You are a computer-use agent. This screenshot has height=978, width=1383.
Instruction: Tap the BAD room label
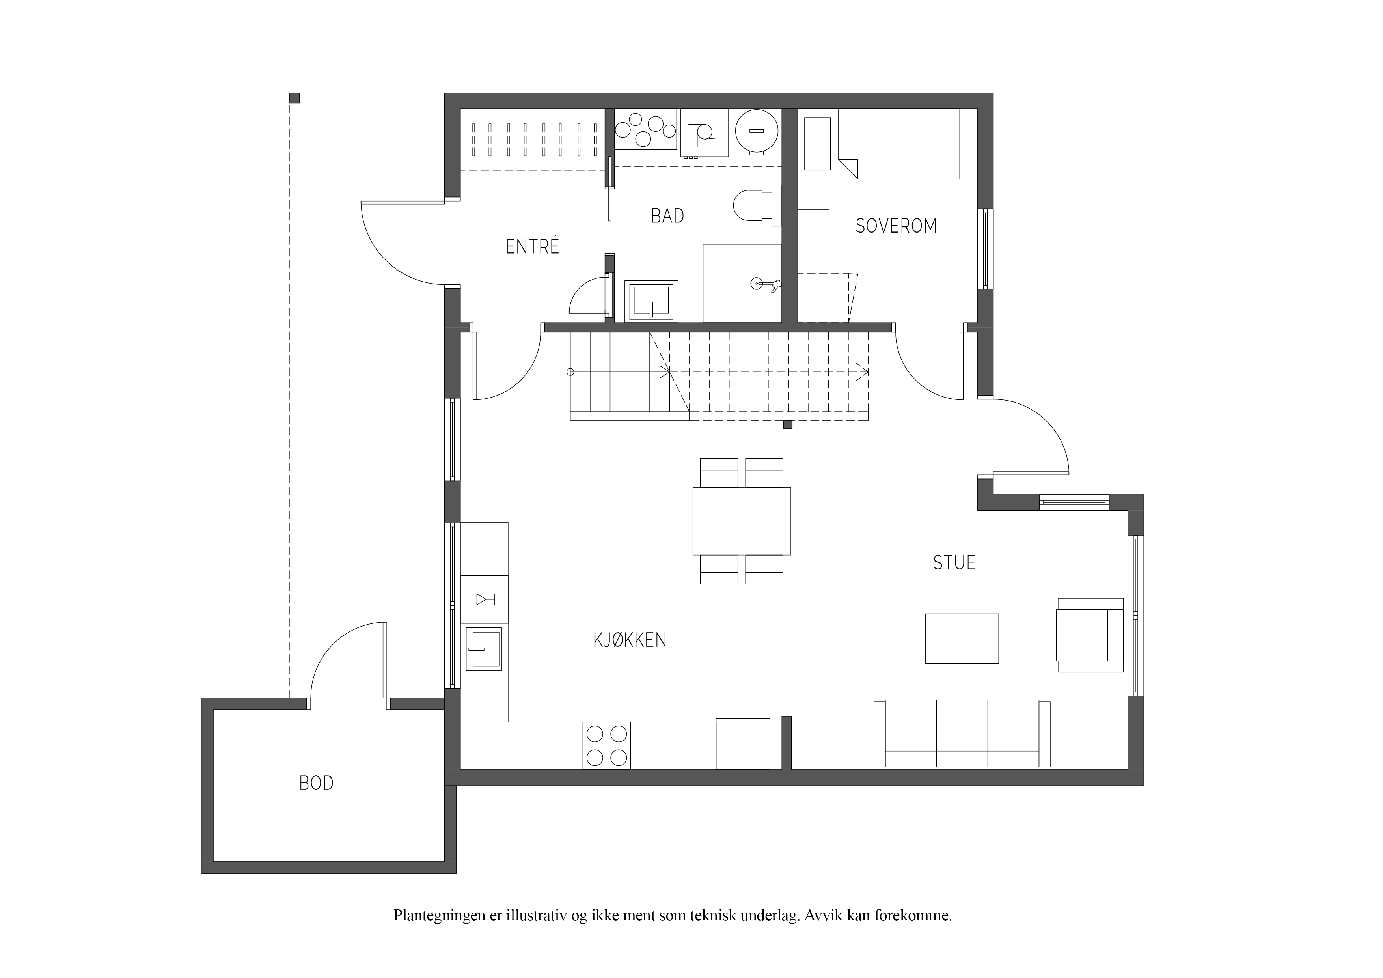(x=667, y=216)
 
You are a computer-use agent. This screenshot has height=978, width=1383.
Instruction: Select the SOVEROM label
(x=896, y=226)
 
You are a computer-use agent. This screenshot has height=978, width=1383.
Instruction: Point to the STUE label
(x=954, y=563)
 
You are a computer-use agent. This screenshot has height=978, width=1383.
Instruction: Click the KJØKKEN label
(x=630, y=640)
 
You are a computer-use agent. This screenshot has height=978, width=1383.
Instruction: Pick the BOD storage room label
(x=316, y=783)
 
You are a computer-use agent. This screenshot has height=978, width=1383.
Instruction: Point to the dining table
(x=742, y=521)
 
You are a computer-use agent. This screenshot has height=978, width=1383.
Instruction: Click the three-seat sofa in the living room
(x=962, y=733)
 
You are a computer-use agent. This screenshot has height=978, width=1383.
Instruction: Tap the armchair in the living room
(x=1090, y=635)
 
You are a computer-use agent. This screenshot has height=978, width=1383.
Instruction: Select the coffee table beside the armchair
(x=962, y=639)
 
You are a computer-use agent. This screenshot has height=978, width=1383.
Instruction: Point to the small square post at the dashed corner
(x=294, y=98)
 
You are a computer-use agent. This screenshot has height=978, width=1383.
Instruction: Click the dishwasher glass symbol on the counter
(x=485, y=599)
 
